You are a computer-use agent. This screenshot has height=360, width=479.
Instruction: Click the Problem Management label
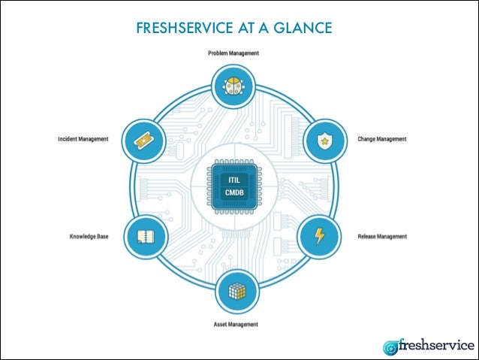click(x=233, y=53)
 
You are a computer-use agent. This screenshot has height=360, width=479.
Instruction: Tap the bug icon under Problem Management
click(x=233, y=86)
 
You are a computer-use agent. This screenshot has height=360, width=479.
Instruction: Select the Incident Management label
click(x=83, y=139)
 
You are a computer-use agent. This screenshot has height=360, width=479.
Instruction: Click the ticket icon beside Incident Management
click(x=143, y=140)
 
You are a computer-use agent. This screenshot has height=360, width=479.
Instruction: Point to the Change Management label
click(x=381, y=139)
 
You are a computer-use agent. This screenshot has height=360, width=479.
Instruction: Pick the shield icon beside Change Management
click(x=325, y=141)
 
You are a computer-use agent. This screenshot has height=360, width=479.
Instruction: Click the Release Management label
click(x=381, y=236)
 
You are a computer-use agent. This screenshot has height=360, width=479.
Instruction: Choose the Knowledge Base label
click(x=90, y=236)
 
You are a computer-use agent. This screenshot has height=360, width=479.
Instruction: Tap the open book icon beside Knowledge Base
click(x=146, y=237)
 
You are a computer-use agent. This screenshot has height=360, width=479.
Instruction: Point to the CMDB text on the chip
click(x=234, y=193)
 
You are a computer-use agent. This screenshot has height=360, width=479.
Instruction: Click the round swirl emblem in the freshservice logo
click(x=391, y=347)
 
